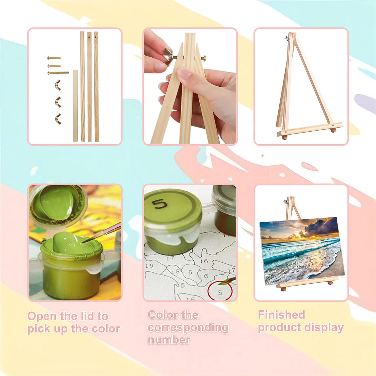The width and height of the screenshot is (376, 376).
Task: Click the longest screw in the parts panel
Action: click(x=58, y=73)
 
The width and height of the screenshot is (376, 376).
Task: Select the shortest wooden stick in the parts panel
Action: click(x=76, y=106)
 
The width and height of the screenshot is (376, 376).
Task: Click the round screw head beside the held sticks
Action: click(x=203, y=58)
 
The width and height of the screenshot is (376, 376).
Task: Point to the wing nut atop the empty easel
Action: click(x=286, y=38)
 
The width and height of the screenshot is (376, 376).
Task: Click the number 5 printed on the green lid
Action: click(x=160, y=204)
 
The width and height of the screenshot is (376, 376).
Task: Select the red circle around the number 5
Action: click(x=220, y=292)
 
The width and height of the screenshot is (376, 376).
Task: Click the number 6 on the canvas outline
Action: click(x=206, y=276)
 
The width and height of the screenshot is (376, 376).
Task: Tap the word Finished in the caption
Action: click(x=281, y=315)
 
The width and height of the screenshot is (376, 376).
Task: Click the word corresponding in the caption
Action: click(x=188, y=328)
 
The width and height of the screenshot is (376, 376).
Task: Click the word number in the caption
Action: click(x=169, y=340)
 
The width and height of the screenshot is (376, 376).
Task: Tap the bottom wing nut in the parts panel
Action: click(x=58, y=119)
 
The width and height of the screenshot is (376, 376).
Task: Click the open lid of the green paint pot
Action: click(x=58, y=205)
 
